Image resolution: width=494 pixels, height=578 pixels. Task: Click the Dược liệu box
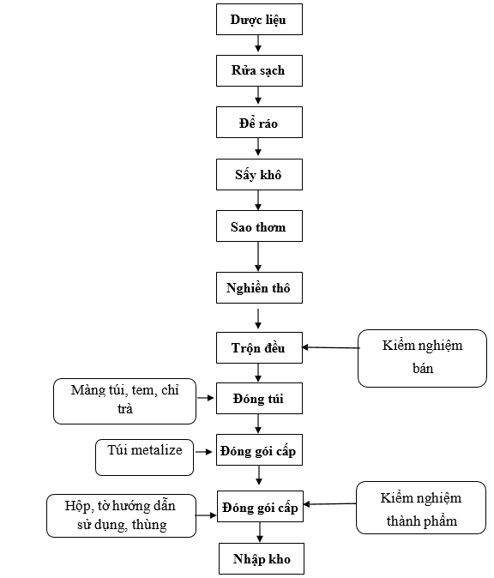point(259,20)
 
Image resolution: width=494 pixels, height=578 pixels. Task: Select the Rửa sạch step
point(259,71)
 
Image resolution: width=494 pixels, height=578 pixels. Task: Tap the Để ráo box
point(259,123)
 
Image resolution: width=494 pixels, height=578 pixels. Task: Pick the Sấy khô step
point(259,175)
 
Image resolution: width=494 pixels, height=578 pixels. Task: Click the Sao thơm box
point(259,226)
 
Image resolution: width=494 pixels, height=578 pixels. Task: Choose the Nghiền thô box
point(259,288)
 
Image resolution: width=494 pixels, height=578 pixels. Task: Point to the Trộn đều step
point(259,348)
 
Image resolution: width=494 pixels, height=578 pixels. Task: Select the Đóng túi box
point(259,399)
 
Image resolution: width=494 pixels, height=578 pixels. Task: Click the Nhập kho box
point(262,559)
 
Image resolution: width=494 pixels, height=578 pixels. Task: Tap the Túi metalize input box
point(145,457)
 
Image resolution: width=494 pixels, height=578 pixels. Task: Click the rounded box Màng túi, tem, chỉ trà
point(124,401)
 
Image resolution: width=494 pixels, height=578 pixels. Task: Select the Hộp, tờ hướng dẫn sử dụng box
point(121,515)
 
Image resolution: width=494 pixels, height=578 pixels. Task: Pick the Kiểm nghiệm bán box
point(422,358)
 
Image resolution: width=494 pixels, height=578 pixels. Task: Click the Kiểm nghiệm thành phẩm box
point(421,508)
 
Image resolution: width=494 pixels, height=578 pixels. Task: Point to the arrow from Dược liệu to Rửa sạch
point(258,44)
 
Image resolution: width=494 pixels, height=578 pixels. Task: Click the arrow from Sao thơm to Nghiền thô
point(258,256)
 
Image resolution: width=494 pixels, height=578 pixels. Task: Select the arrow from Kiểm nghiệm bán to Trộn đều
point(330,347)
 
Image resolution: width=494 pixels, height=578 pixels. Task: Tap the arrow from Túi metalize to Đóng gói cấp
point(203,452)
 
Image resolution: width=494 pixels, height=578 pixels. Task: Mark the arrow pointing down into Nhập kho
point(260,533)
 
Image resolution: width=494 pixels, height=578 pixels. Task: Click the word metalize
point(157,450)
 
